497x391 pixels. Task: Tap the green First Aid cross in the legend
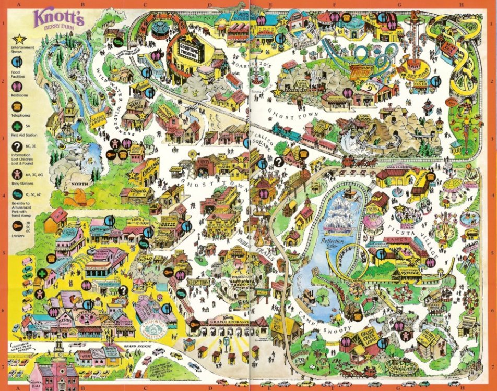click(x=17, y=127)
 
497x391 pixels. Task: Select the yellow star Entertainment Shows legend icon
click(x=17, y=39)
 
